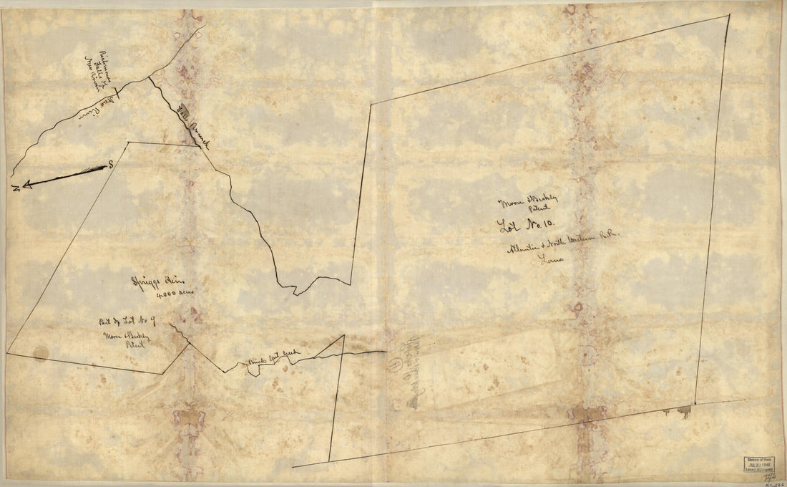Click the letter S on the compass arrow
[111, 165]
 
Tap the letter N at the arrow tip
[16, 188]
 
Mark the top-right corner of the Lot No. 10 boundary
[729, 15]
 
